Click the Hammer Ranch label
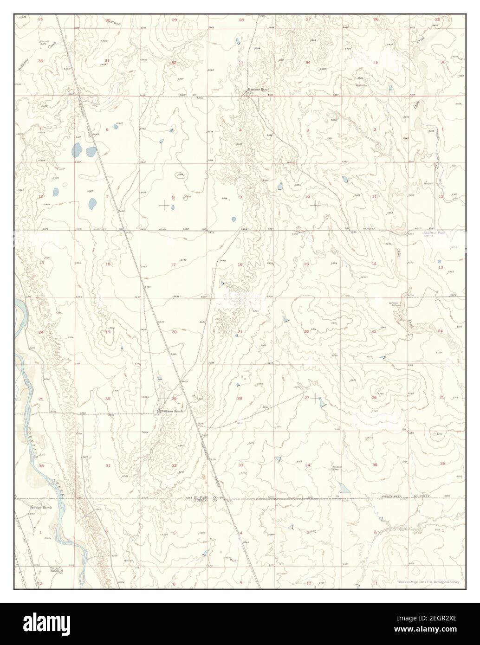258,89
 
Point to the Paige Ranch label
42,508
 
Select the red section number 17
173,264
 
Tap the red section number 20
174,332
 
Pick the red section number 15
306,264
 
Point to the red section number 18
108,264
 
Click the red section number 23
374,331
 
